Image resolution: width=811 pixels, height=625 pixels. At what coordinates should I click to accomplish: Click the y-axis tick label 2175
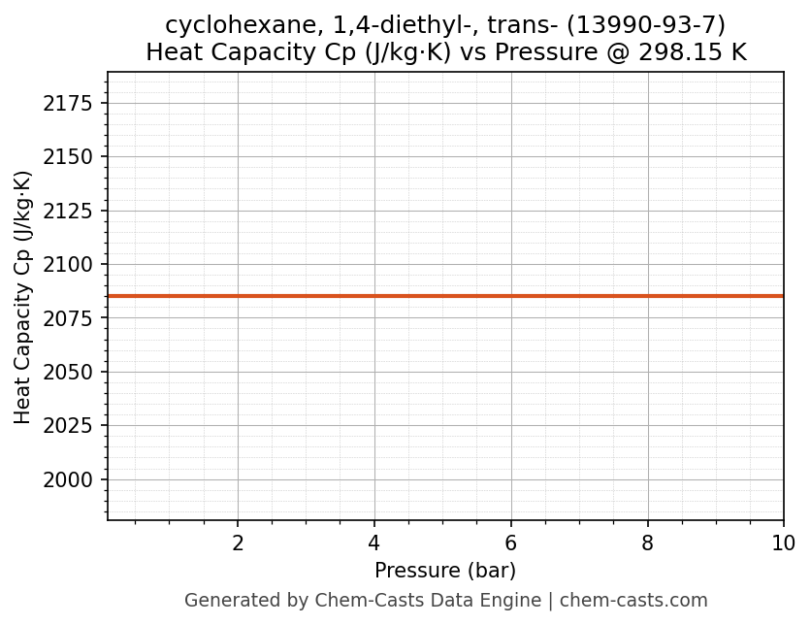(69, 104)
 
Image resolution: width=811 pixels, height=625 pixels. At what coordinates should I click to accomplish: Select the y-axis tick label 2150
(69, 157)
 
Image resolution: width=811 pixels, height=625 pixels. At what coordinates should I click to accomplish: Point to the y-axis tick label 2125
(69, 212)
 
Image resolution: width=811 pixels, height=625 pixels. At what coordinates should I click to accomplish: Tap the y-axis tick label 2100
(69, 265)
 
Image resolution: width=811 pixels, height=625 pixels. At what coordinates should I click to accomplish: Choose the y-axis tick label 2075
(69, 319)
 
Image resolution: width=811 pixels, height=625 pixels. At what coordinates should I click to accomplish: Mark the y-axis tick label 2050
(69, 373)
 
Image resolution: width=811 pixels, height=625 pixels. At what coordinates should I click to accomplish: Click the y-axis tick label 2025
(69, 426)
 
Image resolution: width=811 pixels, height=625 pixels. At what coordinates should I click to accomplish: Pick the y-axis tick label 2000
(69, 480)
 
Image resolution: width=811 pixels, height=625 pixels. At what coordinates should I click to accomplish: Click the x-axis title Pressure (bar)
(445, 571)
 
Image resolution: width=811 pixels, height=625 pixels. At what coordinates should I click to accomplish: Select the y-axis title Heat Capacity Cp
(23, 297)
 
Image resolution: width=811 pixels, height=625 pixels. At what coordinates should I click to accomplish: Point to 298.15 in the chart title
(676, 52)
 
